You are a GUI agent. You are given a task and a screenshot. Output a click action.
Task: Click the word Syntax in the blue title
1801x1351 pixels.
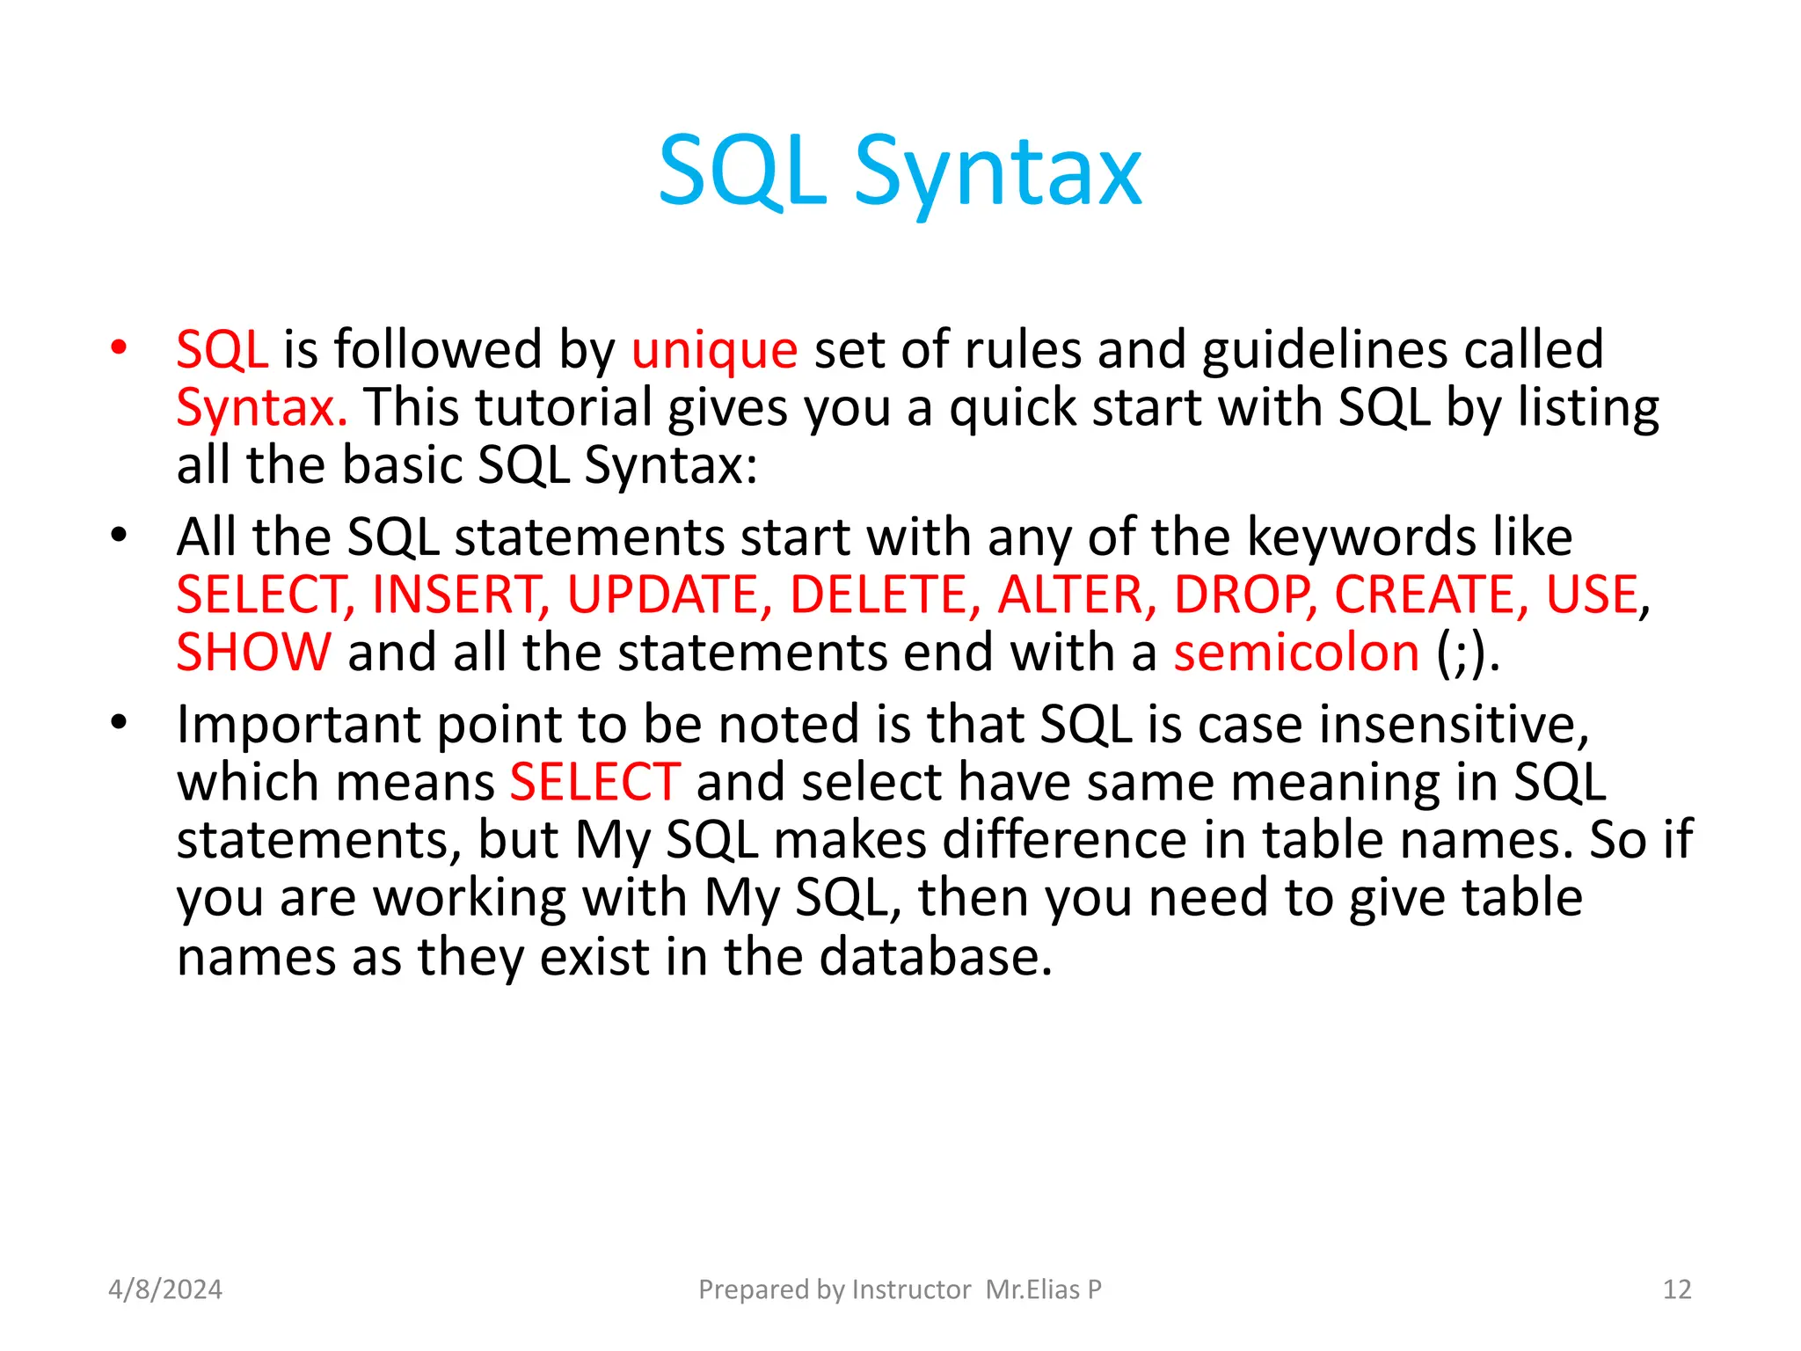[998, 172]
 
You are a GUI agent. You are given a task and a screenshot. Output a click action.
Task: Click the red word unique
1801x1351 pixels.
[714, 349]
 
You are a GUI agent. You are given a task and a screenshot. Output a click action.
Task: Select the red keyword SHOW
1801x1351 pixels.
[254, 653]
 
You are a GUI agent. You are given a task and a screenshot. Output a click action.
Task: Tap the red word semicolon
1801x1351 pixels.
[1296, 653]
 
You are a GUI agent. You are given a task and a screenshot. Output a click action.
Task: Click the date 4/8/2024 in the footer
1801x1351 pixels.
[165, 1289]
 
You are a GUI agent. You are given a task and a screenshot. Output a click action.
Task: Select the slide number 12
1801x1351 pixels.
[1677, 1289]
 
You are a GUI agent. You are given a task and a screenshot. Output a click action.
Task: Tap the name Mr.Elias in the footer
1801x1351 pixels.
[1032, 1289]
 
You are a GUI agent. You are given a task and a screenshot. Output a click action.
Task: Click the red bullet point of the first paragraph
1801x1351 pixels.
[119, 347]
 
